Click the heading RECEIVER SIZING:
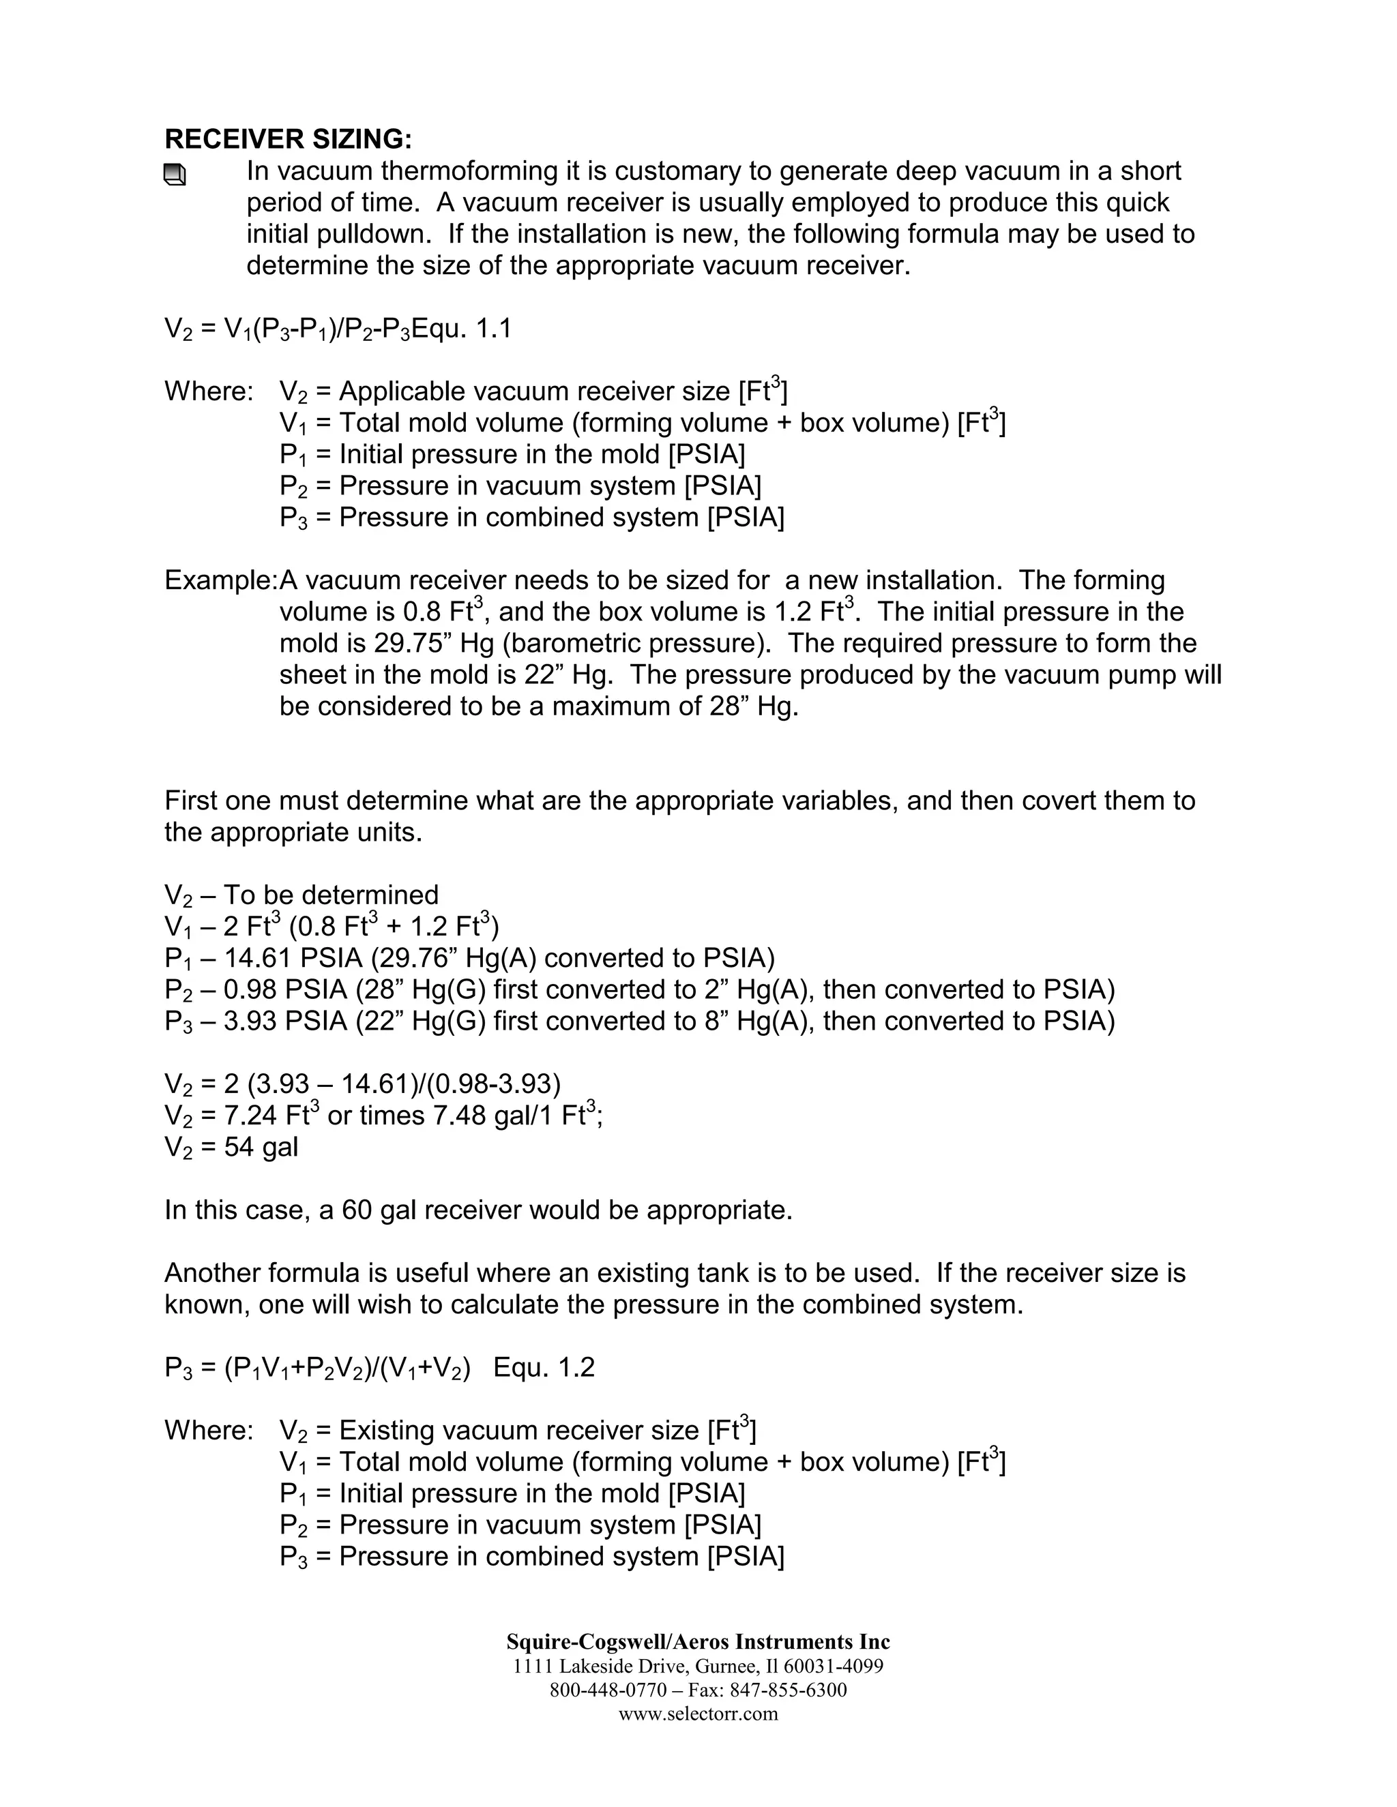(288, 138)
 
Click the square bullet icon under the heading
(175, 175)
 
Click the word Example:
(220, 581)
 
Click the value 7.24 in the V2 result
(250, 1116)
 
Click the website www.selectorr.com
(698, 1714)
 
